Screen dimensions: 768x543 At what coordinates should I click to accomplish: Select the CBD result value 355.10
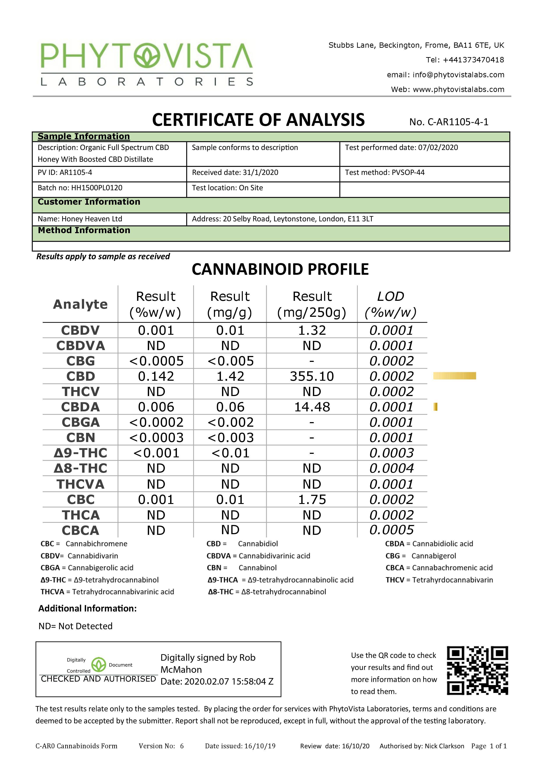click(312, 376)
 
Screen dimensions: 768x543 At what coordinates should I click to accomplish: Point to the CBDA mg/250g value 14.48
click(312, 407)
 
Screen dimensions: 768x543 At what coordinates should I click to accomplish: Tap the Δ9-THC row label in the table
click(81, 453)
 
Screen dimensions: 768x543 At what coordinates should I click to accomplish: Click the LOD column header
click(390, 304)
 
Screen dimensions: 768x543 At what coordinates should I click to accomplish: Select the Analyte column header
click(80, 304)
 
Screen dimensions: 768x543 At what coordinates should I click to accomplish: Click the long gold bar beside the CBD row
click(454, 376)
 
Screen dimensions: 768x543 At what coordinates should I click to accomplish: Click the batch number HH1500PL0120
click(97, 188)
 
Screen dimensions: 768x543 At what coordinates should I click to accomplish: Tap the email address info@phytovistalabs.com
click(458, 75)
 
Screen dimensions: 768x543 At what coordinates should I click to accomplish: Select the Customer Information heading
click(89, 202)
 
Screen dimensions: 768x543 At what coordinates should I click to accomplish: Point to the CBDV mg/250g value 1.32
click(312, 331)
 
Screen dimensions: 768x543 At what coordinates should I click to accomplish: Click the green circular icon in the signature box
click(99, 665)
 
